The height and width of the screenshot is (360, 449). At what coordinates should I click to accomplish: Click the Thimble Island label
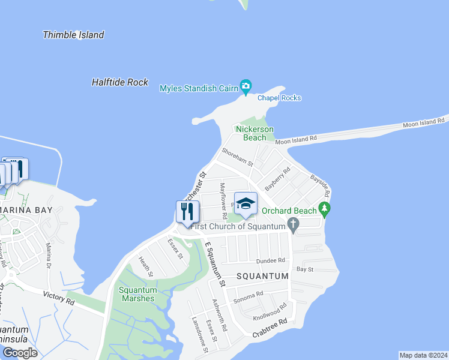pyautogui.click(x=73, y=35)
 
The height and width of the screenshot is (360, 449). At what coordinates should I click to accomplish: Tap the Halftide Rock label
pyautogui.click(x=119, y=82)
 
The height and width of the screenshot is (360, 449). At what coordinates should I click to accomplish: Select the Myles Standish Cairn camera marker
pyautogui.click(x=246, y=86)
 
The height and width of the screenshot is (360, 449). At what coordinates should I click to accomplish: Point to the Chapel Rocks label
pyautogui.click(x=279, y=98)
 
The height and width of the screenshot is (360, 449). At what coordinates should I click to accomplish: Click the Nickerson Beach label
pyautogui.click(x=255, y=133)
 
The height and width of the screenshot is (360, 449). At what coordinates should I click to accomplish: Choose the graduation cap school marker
pyautogui.click(x=245, y=205)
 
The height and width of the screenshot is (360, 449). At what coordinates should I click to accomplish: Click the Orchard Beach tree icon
pyautogui.click(x=325, y=210)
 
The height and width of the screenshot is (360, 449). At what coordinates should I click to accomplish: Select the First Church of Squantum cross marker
pyautogui.click(x=293, y=226)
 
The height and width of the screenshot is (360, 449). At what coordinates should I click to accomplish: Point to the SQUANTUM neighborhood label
pyautogui.click(x=262, y=276)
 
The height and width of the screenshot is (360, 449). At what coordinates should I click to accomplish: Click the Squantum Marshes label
pyautogui.click(x=138, y=294)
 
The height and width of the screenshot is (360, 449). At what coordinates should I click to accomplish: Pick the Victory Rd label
pyautogui.click(x=59, y=297)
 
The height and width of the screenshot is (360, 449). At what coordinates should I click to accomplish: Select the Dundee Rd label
pyautogui.click(x=270, y=261)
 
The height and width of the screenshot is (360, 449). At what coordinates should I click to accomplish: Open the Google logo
pyautogui.click(x=20, y=352)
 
